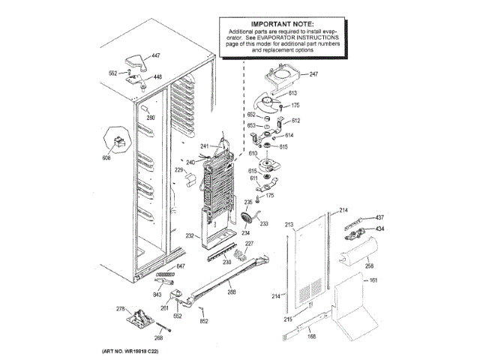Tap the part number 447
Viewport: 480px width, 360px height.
point(156,56)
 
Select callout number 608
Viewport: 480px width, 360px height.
point(106,158)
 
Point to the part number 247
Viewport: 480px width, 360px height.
point(313,73)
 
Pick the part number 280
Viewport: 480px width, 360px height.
point(150,118)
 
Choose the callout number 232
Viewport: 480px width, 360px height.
point(190,235)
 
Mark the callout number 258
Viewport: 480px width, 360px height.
point(369,265)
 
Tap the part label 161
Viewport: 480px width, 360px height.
point(373,280)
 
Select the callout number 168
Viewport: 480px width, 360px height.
point(313,335)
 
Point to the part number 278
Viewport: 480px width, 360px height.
point(121,309)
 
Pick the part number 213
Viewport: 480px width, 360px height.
point(288,224)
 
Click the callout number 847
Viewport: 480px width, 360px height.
point(180,266)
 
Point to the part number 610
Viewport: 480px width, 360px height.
point(253,153)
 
